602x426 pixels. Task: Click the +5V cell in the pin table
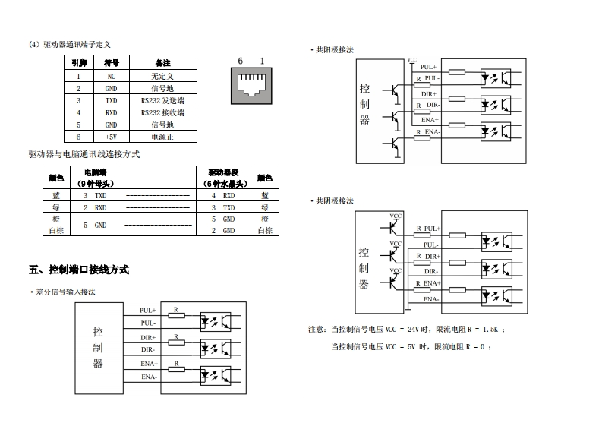(111, 137)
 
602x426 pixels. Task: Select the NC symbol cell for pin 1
(111, 76)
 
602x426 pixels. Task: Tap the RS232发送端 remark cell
(162, 100)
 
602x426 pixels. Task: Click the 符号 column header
(111, 63)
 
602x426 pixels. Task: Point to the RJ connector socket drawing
(251, 84)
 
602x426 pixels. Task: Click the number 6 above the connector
(240, 61)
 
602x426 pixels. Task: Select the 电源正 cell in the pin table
(162, 137)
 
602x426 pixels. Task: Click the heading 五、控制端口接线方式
(79, 270)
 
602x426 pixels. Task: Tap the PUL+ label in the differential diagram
(148, 311)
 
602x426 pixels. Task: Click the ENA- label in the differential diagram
(149, 377)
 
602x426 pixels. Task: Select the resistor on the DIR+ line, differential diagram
(176, 342)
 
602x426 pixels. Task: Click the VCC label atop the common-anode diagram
(412, 59)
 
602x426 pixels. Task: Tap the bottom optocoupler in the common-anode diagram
(496, 131)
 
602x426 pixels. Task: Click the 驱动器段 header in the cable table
(225, 172)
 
